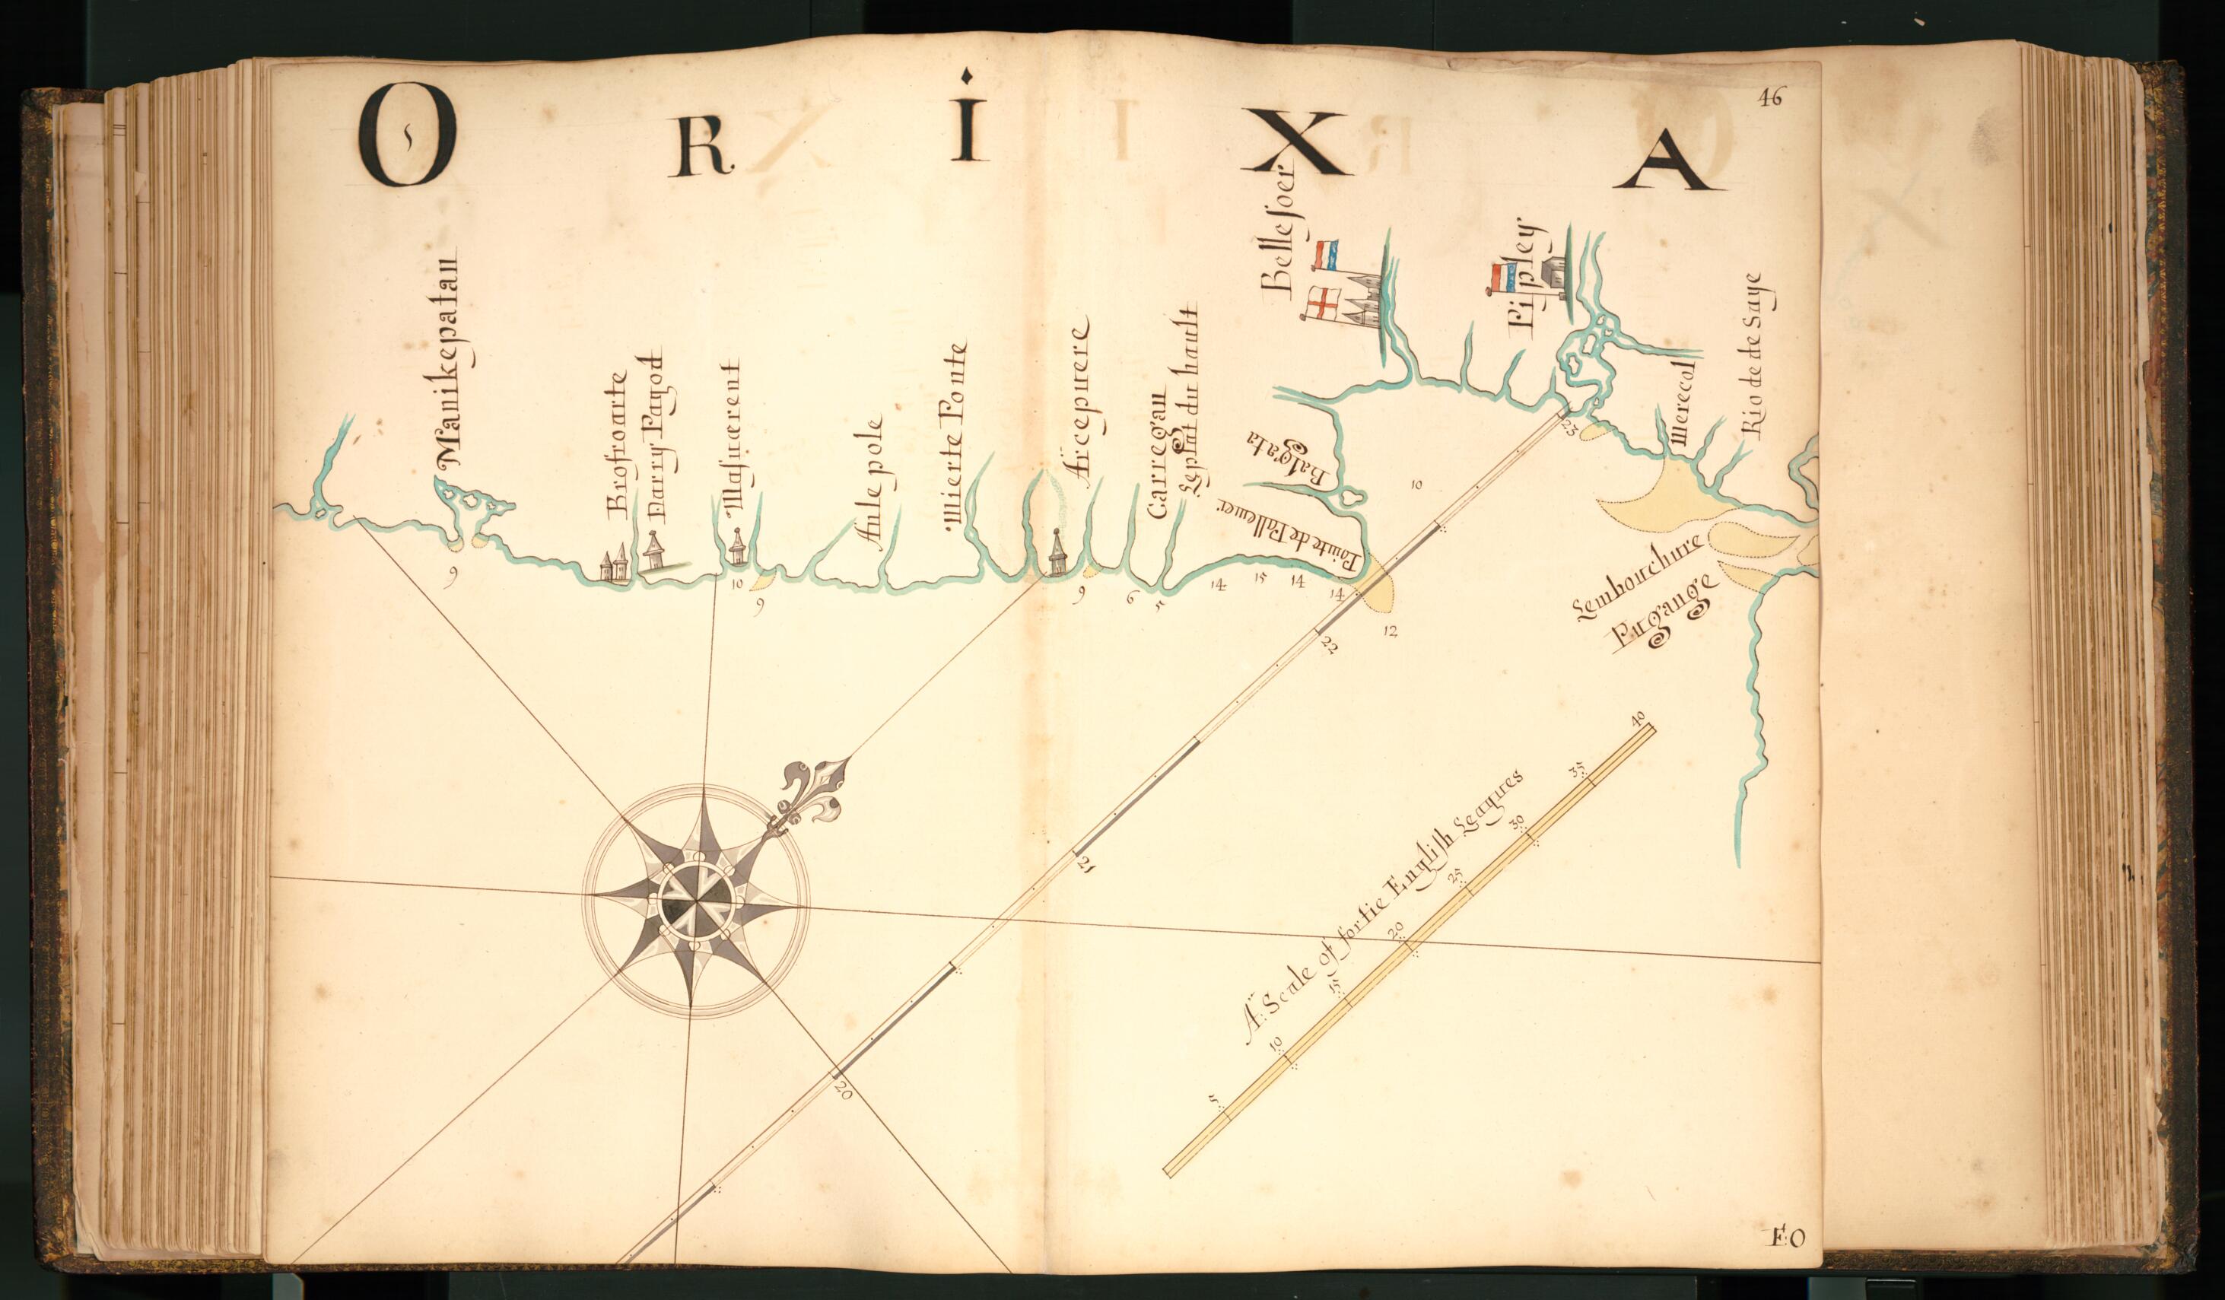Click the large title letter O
point(406,137)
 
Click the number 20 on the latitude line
point(841,1092)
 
